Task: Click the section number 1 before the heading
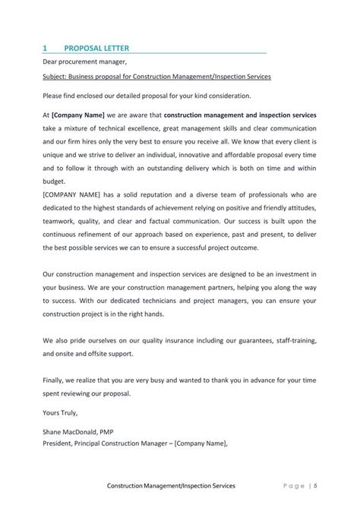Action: point(45,48)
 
